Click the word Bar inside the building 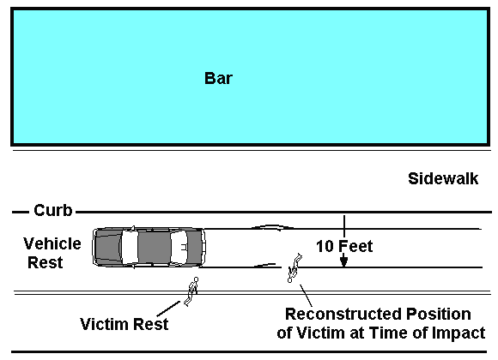[x=218, y=78]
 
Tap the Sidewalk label [x=443, y=178]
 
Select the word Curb [x=53, y=210]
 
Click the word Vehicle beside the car [x=52, y=243]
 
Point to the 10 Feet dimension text [x=344, y=247]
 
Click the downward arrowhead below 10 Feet [x=343, y=261]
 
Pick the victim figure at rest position [x=191, y=291]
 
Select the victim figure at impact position [x=295, y=268]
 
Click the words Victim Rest [x=125, y=324]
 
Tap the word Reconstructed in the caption [x=343, y=315]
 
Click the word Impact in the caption [x=459, y=333]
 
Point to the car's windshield [x=130, y=247]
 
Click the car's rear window [x=179, y=247]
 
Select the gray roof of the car [x=155, y=247]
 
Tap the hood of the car [x=108, y=247]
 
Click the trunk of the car [x=195, y=247]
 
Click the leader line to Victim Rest [x=168, y=309]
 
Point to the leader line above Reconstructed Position [x=306, y=296]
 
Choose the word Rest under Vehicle [x=46, y=262]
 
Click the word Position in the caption [x=439, y=315]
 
